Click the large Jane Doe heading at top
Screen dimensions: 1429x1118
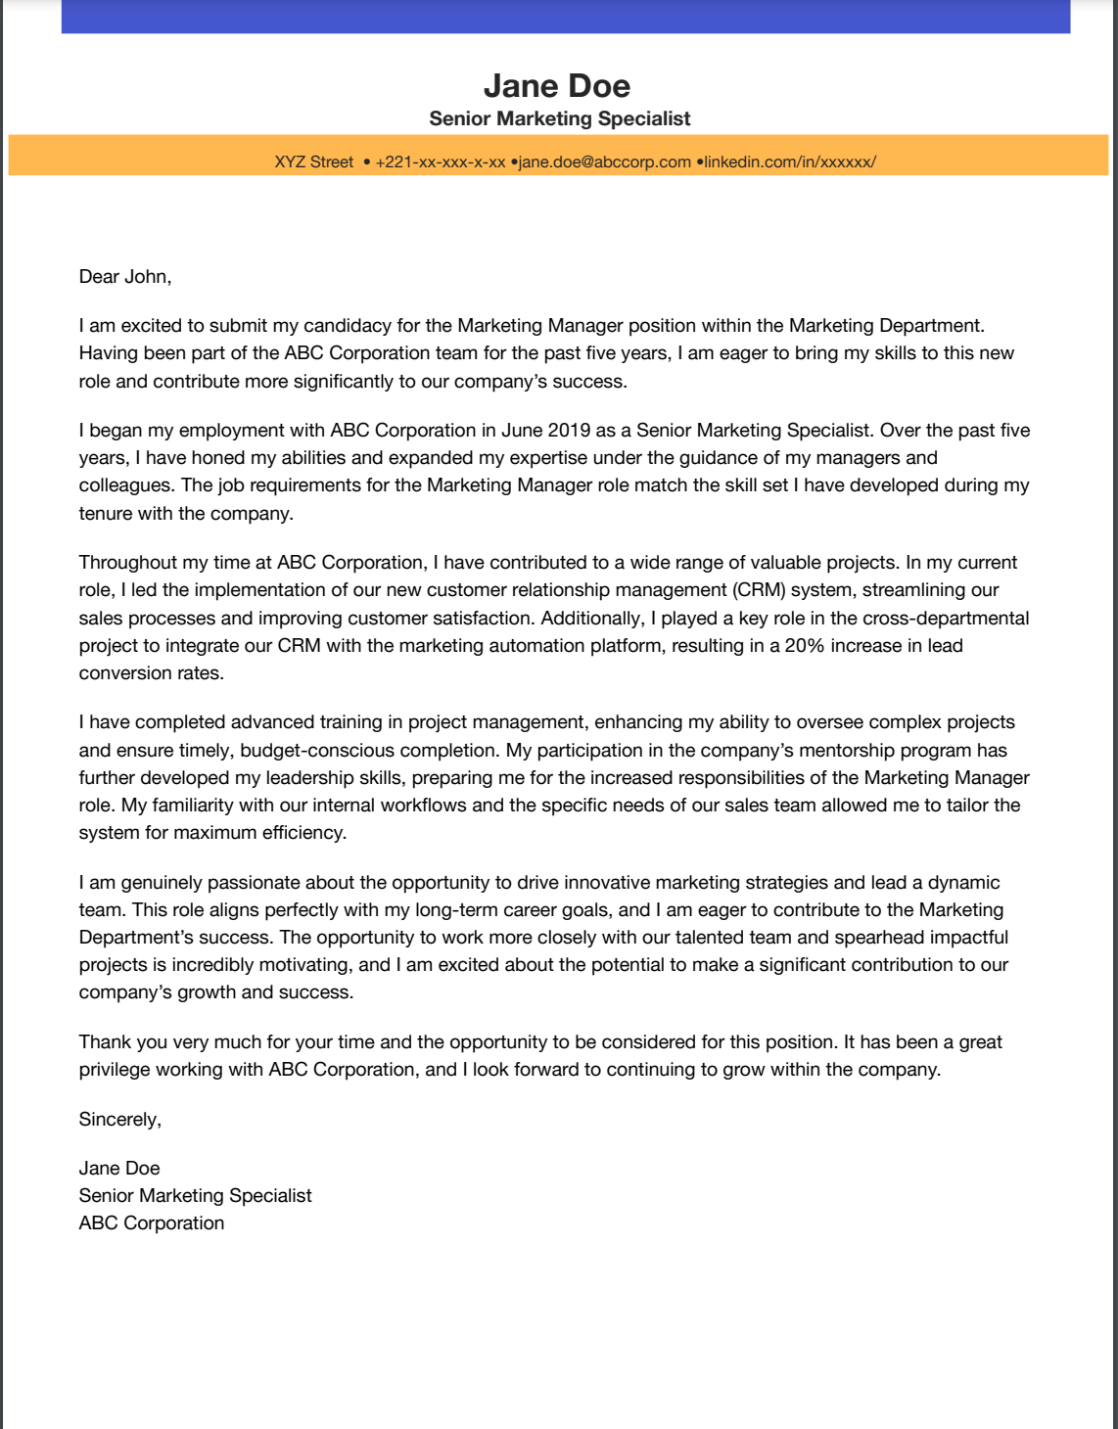pyautogui.click(x=557, y=86)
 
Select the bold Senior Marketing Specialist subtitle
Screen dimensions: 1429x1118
pyautogui.click(x=559, y=118)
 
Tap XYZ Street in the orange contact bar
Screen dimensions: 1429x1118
pyautogui.click(x=313, y=161)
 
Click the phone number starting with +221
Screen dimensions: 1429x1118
pyautogui.click(x=440, y=161)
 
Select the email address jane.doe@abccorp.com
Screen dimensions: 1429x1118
pyautogui.click(x=604, y=161)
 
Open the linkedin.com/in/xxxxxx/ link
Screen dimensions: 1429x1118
pyautogui.click(x=790, y=161)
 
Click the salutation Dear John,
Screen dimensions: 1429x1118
pyautogui.click(x=125, y=277)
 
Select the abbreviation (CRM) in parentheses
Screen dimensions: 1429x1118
pyautogui.click(x=757, y=590)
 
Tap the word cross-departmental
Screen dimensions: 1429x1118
pyautogui.click(x=946, y=619)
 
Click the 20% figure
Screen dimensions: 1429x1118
pyautogui.click(x=805, y=646)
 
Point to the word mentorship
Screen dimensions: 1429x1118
pyautogui.click(x=854, y=751)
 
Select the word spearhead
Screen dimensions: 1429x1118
pyautogui.click(x=879, y=938)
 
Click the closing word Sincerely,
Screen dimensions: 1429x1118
pyautogui.click(x=120, y=1120)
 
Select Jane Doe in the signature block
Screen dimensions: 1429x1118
pyautogui.click(x=119, y=1169)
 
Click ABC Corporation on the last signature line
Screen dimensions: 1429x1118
pyautogui.click(x=152, y=1223)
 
